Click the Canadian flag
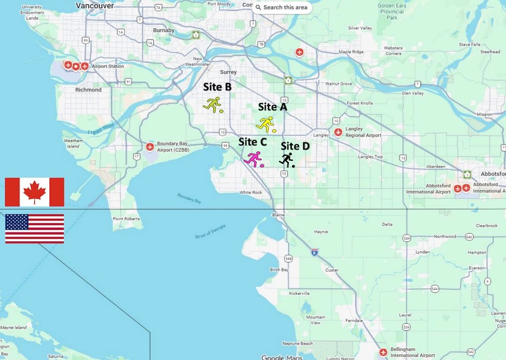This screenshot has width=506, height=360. pyautogui.click(x=34, y=192)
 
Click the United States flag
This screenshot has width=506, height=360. pyautogui.click(x=34, y=228)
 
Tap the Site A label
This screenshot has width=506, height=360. pyautogui.click(x=272, y=107)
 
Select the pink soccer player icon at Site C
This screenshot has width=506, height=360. pyautogui.click(x=254, y=160)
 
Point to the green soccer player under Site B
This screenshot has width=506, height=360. pyautogui.click(x=213, y=104)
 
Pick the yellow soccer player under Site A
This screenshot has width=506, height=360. pyautogui.click(x=266, y=124)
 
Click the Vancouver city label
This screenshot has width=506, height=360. pyautogui.click(x=94, y=5)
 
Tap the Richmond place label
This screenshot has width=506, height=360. pyautogui.click(x=89, y=90)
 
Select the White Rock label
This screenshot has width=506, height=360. pyautogui.click(x=250, y=193)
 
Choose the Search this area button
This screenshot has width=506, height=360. pyautogui.click(x=281, y=7)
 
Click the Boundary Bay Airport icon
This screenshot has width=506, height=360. pyautogui.click(x=150, y=147)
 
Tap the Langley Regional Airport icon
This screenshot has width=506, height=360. pyautogui.click(x=338, y=132)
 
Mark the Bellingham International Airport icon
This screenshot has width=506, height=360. pyautogui.click(x=384, y=352)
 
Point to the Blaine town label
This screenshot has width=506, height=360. pyautogui.click(x=278, y=215)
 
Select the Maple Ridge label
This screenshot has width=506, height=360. pyautogui.click(x=351, y=52)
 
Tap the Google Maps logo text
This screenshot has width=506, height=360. pyautogui.click(x=282, y=357)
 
